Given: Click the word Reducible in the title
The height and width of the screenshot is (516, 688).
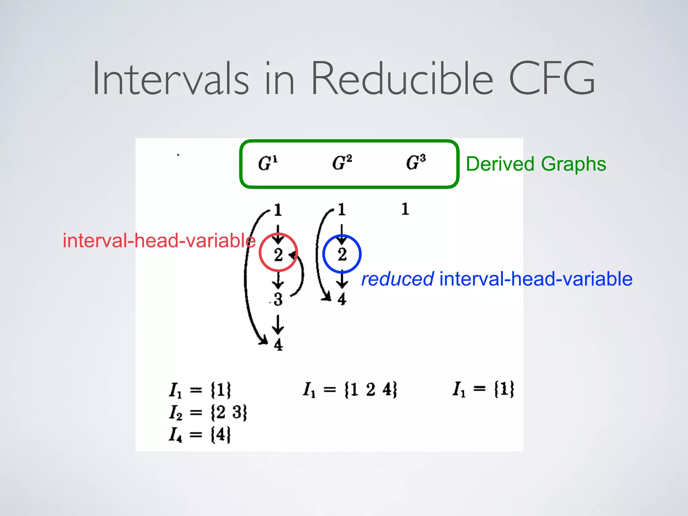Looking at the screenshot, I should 402,79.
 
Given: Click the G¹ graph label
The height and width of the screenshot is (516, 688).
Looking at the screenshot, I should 268,163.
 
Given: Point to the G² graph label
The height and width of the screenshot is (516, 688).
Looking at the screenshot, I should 342,163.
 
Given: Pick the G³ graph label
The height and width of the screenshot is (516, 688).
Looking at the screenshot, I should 416,163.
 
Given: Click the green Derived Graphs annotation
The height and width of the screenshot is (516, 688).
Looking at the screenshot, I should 536,164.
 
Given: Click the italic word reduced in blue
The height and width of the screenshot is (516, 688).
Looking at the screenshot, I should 397,279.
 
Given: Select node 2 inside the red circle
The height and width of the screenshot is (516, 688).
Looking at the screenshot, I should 278,254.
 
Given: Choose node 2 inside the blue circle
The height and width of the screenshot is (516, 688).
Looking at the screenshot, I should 342,254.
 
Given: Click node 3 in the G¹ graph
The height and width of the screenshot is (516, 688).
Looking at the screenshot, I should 278,299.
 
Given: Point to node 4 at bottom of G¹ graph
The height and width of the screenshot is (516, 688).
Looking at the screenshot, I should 278,345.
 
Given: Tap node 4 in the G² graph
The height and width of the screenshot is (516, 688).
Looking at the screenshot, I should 342,299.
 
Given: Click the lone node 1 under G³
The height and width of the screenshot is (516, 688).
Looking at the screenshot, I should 405,209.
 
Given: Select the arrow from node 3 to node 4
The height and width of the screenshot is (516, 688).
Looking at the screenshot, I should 278,324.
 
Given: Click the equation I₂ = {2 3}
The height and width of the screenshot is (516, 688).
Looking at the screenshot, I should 208,413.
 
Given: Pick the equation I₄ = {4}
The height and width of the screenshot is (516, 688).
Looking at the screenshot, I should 200,435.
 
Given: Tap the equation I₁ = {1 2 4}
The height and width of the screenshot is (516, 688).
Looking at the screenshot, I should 350,390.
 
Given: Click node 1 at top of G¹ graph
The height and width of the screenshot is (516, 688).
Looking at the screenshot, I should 278,210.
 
